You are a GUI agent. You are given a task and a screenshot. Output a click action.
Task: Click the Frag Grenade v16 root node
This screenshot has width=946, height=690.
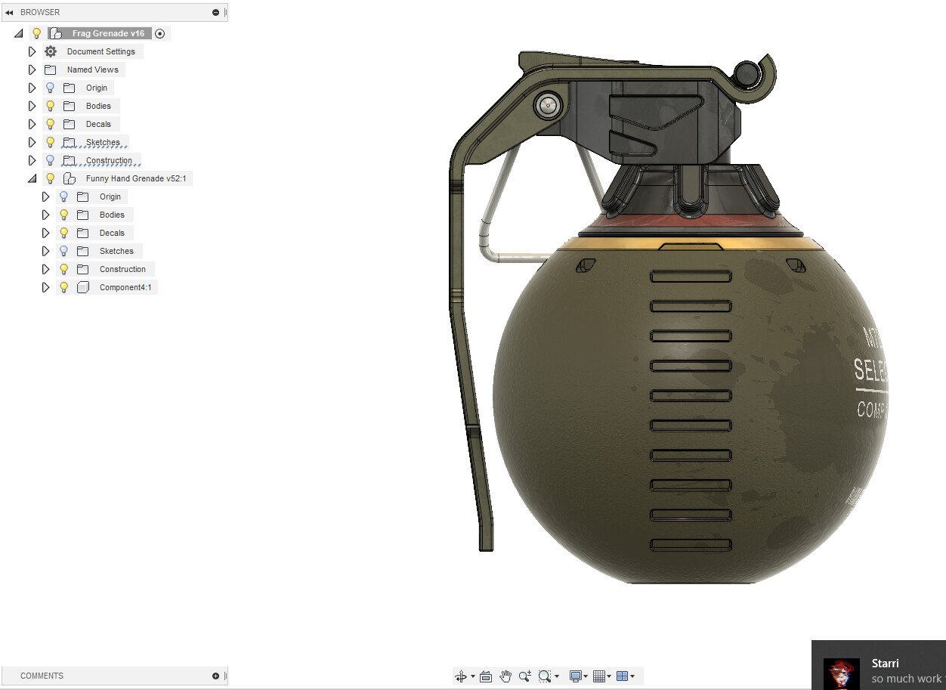click(x=107, y=33)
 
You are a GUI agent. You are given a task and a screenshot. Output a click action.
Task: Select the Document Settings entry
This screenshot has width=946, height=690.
click(x=100, y=51)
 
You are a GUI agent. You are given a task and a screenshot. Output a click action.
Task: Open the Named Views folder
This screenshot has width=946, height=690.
click(x=92, y=70)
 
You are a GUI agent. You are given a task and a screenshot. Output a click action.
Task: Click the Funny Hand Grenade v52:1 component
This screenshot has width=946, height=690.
click(x=135, y=178)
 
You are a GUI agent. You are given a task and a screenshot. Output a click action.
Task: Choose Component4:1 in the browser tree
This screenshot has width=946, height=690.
click(x=125, y=287)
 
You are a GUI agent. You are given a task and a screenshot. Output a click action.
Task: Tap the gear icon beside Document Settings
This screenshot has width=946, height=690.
click(x=51, y=51)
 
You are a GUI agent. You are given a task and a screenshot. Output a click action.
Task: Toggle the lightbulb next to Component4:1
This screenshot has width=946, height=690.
click(x=64, y=287)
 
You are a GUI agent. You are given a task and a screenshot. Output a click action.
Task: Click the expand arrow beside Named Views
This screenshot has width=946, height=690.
click(x=32, y=70)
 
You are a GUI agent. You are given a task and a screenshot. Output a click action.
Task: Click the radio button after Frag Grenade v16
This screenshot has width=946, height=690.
click(x=159, y=33)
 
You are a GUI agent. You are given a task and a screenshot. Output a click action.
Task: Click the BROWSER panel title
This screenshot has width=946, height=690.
click(x=40, y=12)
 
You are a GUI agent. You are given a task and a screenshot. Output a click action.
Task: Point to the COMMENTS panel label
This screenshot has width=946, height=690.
click(x=42, y=676)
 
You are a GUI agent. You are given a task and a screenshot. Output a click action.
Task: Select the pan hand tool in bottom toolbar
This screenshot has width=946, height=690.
click(x=505, y=676)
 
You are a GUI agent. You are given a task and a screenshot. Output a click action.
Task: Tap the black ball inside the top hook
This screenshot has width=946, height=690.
click(x=748, y=73)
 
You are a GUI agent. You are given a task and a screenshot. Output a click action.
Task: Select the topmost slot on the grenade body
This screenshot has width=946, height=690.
click(x=691, y=277)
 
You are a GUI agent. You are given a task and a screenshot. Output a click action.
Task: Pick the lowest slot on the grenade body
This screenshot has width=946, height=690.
click(x=691, y=544)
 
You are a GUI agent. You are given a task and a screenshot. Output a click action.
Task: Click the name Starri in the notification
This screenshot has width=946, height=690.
click(x=885, y=663)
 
